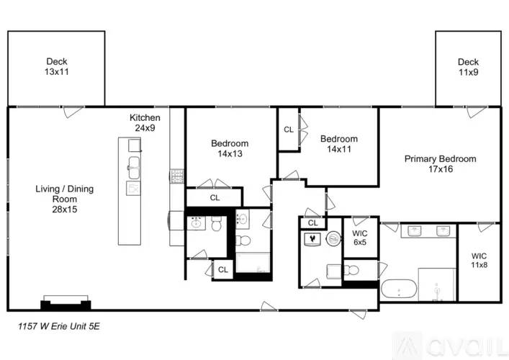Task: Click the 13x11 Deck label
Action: coord(57,66)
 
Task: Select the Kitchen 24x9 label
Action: coord(145,122)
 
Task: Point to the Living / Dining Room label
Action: coord(65,199)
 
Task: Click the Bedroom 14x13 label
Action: coord(230,148)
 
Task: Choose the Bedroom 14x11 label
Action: coord(339,144)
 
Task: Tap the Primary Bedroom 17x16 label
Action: coord(440,163)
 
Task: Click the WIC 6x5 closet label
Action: coord(360,238)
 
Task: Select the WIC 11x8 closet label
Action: coord(479,261)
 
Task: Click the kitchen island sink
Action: coord(134,168)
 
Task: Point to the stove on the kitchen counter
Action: coord(177,176)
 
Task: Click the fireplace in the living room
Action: coord(66,303)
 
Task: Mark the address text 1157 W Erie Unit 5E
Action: coord(59,326)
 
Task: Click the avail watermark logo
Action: coord(449,346)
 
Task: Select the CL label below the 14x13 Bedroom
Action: coord(215,198)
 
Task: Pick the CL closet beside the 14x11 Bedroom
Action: coord(289,130)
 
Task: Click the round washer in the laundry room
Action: coord(333,239)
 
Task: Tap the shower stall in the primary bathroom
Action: coord(437,284)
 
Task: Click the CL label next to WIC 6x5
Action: coord(312,223)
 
